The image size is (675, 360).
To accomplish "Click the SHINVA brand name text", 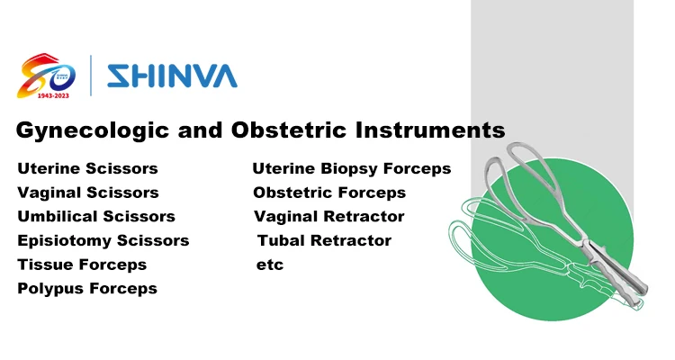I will click(171, 74).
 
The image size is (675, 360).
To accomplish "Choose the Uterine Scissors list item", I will click(87, 168).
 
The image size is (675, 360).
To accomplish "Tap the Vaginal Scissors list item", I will click(88, 193).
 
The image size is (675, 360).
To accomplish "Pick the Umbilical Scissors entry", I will click(96, 217).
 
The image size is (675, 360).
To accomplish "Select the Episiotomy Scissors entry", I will click(103, 241).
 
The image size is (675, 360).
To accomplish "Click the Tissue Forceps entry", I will click(82, 265).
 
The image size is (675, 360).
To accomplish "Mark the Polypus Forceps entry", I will click(87, 289).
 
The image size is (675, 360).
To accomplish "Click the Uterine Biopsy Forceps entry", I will click(351, 168).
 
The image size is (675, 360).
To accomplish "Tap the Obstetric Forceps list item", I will click(329, 193).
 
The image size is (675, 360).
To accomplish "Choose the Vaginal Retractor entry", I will click(329, 217).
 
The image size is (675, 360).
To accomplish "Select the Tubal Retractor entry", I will click(324, 241).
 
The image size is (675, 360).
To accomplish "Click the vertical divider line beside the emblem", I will click(91, 75).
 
